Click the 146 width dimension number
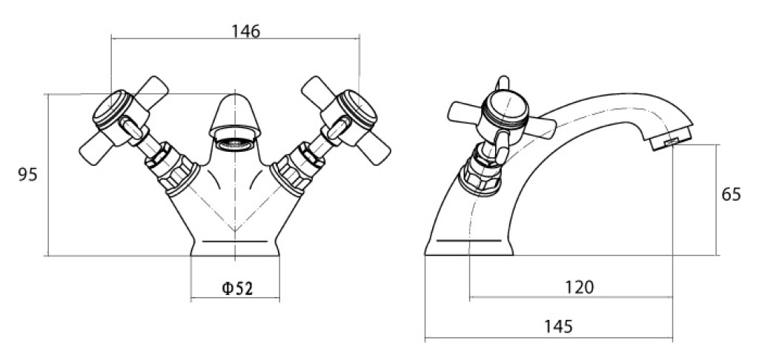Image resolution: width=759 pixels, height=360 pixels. point(245,31)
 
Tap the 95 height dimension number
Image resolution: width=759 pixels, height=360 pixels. point(27,175)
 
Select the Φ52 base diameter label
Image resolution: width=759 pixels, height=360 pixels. point(237,289)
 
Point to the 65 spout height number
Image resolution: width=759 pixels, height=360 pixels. point(731,195)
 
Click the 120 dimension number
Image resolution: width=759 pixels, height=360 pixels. point(580,287)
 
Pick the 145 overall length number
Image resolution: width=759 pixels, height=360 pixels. point(557,327)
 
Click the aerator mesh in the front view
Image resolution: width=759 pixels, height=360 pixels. point(235,144)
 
